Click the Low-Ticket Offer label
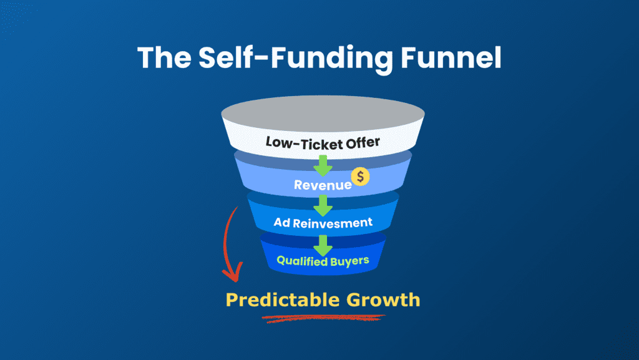(323, 143)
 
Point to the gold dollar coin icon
(360, 177)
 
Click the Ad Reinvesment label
(323, 222)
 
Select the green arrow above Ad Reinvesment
(323, 204)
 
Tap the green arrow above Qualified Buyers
(323, 244)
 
